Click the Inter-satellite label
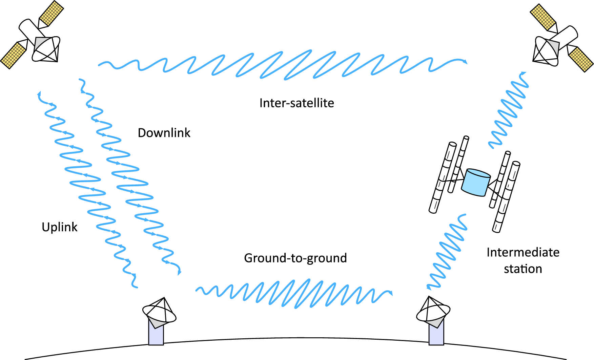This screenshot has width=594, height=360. click(296, 103)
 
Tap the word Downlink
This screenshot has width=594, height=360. click(164, 133)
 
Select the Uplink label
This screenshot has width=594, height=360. click(60, 227)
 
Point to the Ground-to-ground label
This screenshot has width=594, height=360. click(295, 258)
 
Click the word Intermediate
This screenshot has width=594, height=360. click(523, 252)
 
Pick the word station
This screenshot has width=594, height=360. click(523, 269)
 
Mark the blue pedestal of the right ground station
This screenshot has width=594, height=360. click(436, 335)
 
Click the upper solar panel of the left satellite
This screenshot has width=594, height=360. click(51, 13)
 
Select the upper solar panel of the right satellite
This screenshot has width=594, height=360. click(543, 17)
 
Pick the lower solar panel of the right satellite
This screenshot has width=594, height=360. click(581, 59)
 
